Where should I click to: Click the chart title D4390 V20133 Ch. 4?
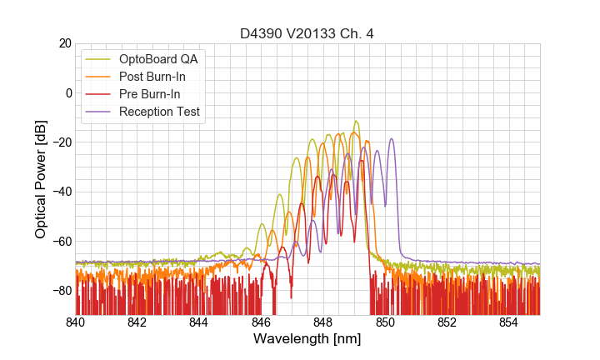[x=307, y=33]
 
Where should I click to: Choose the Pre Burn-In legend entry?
[x=152, y=94]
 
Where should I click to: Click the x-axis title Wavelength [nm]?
[x=307, y=340]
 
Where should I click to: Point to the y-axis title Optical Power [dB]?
[x=41, y=178]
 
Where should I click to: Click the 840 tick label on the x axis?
[x=76, y=323]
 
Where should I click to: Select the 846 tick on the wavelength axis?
[x=262, y=323]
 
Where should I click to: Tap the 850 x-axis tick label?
[x=385, y=323]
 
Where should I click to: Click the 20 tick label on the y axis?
[x=63, y=43]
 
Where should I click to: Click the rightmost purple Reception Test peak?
[x=391, y=139]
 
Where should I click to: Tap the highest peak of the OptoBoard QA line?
[x=356, y=122]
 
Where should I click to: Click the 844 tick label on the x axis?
[x=199, y=323]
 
